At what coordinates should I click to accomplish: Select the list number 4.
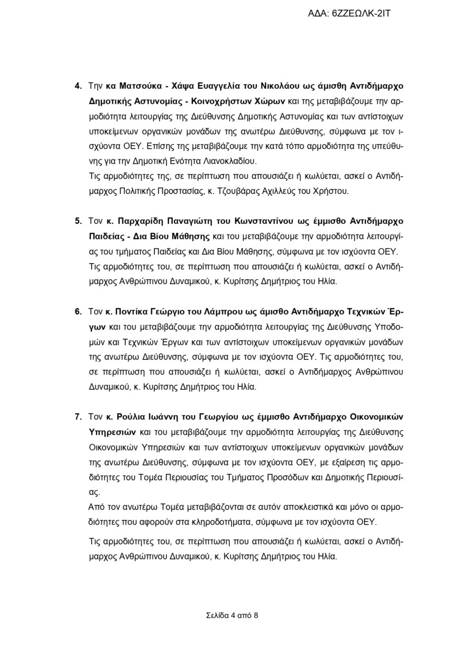78,87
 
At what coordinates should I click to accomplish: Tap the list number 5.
78,222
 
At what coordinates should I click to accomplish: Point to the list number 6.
78,312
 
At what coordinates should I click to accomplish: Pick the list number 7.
78,417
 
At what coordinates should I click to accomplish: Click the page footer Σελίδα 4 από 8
232,615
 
